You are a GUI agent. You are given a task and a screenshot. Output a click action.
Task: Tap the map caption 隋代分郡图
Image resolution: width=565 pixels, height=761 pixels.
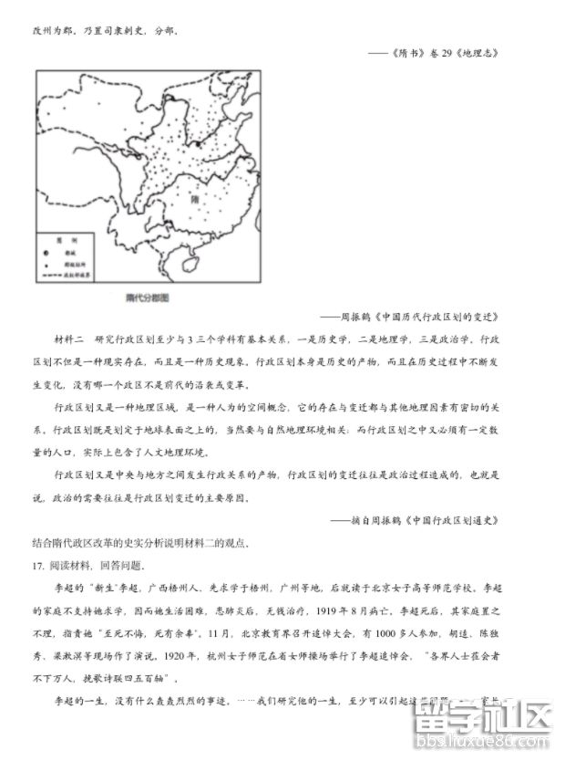149,297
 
